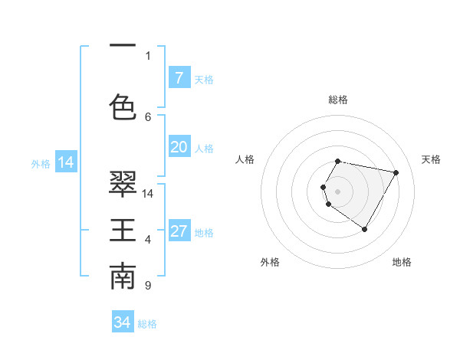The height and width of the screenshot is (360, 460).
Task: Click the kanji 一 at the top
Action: pyautogui.click(x=123, y=45)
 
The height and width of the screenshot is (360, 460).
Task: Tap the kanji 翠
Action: pyautogui.click(x=123, y=182)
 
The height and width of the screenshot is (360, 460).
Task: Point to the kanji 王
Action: pyautogui.click(x=123, y=230)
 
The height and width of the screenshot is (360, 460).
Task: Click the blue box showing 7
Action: pyautogui.click(x=179, y=78)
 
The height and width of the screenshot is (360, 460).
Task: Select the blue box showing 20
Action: pyautogui.click(x=179, y=147)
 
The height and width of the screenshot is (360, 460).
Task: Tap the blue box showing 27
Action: pyautogui.click(x=179, y=231)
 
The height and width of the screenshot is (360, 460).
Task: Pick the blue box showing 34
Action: pyautogui.click(x=123, y=322)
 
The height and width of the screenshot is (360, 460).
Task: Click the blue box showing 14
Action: pyautogui.click(x=65, y=162)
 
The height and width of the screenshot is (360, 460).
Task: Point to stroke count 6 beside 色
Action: pyautogui.click(x=148, y=116)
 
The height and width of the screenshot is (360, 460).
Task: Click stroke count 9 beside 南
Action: pyautogui.click(x=147, y=286)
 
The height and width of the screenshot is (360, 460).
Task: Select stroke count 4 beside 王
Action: pyautogui.click(x=148, y=240)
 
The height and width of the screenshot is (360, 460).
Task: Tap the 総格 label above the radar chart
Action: pyautogui.click(x=337, y=100)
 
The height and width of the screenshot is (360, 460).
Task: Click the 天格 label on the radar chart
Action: pyautogui.click(x=431, y=159)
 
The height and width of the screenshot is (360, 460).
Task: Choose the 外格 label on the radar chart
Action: pyautogui.click(x=270, y=262)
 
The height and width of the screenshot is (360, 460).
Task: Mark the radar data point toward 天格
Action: pyautogui.click(x=396, y=172)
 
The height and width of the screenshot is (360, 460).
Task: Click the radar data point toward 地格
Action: pyautogui.click(x=364, y=229)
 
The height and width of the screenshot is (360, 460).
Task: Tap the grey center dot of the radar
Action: pyautogui.click(x=337, y=191)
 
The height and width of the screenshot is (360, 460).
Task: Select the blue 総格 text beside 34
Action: pyautogui.click(x=147, y=324)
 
